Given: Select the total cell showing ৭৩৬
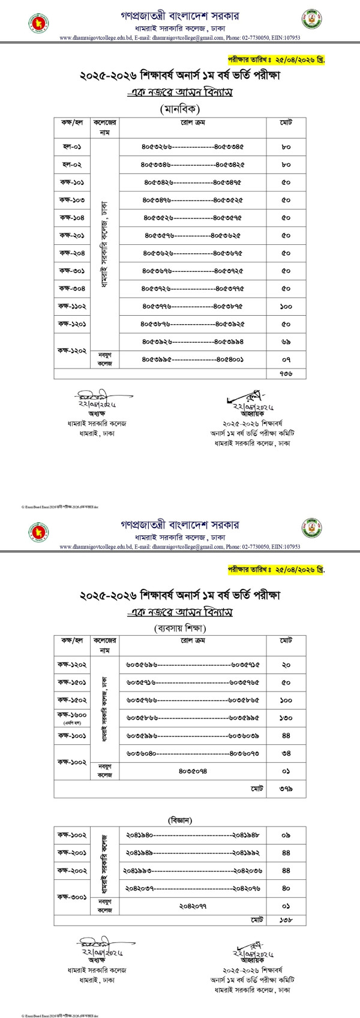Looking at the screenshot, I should tap(286, 373).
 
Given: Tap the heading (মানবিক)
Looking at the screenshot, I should tap(179, 109).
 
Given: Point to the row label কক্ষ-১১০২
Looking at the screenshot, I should tap(71, 306).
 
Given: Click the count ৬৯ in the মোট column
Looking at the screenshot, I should tap(286, 342).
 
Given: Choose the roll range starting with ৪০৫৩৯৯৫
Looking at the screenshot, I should tap(192, 360).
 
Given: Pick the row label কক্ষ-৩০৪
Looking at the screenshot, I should tap(71, 288).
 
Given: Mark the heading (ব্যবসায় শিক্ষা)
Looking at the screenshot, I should tap(179, 628).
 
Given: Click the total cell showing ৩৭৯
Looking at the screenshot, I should tap(286, 788).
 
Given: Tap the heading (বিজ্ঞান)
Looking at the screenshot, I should tap(179, 819).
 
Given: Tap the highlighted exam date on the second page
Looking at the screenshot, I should tap(275, 570).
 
